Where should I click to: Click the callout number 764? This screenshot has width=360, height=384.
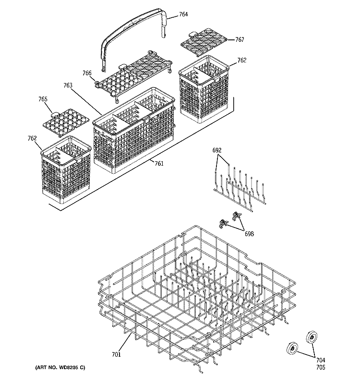click(x=183, y=15)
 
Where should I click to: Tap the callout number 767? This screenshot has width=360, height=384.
click(x=240, y=40)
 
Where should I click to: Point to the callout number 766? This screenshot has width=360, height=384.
click(x=87, y=73)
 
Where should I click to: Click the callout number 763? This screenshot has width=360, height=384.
click(x=68, y=85)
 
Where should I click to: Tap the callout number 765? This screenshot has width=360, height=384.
click(x=43, y=99)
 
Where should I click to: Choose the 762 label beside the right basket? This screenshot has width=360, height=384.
click(x=242, y=60)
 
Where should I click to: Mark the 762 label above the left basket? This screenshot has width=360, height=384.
click(x=32, y=138)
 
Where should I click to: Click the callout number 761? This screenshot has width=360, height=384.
click(x=159, y=164)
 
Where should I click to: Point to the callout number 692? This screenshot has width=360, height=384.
click(x=217, y=151)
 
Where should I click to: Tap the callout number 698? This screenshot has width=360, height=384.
click(x=249, y=234)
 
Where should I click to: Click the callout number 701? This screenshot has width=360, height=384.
click(x=116, y=355)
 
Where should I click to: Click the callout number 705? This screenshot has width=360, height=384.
click(x=320, y=368)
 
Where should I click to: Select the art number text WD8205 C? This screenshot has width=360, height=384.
click(x=60, y=367)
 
